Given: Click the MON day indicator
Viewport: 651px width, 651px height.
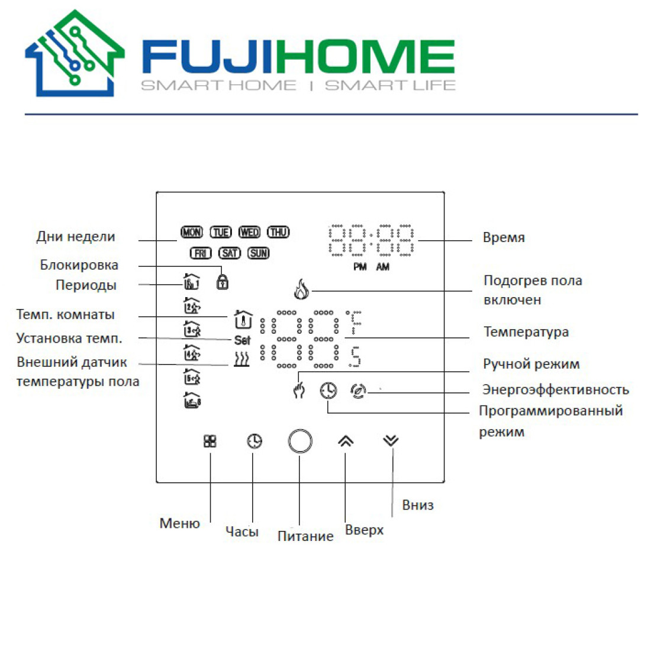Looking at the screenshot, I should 192,233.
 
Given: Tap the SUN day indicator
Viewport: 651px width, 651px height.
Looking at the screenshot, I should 259,253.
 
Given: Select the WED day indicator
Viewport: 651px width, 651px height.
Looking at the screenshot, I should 249,233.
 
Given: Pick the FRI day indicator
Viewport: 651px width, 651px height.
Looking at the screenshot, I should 201,253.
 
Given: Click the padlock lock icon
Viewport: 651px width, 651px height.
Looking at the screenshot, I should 223,281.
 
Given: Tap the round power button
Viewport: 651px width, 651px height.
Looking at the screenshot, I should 300,441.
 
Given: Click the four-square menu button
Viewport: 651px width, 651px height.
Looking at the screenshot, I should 210,441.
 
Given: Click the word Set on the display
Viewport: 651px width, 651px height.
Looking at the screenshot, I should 242,340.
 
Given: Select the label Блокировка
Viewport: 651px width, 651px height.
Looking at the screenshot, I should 79,265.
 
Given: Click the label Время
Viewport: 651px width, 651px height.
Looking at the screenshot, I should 504,238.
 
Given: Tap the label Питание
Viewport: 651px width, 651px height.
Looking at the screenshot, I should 305,536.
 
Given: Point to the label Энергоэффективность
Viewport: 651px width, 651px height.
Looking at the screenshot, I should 555,389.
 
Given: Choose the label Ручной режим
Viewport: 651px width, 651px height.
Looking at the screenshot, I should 531,364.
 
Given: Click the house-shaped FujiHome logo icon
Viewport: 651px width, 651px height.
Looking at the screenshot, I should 75,54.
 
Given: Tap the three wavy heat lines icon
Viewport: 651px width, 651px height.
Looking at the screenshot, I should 241,359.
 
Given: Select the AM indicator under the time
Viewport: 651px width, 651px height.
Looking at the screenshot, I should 383,268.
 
